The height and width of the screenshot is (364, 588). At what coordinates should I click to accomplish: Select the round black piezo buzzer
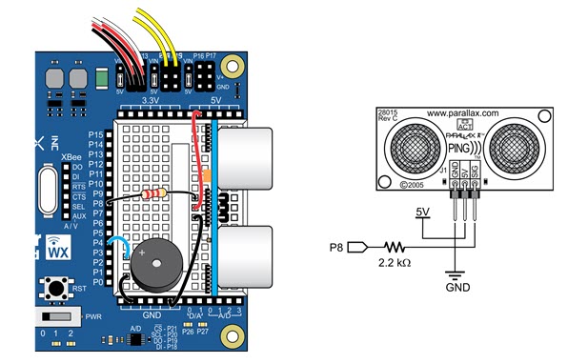pyautogui.click(x=152, y=266)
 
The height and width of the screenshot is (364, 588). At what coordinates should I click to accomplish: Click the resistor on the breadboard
pyautogui.click(x=152, y=193)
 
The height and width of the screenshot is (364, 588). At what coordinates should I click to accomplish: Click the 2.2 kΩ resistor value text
pyautogui.click(x=393, y=261)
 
